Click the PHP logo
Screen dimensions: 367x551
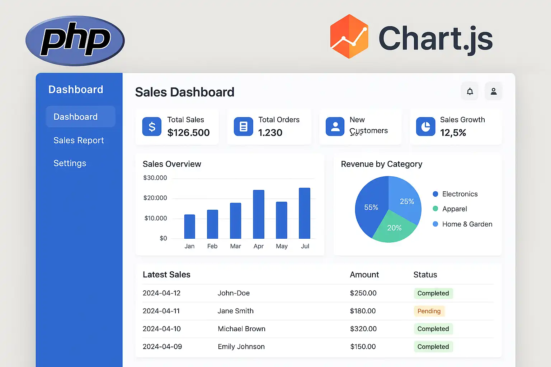pyautogui.click(x=75, y=41)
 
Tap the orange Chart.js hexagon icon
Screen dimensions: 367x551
pyautogui.click(x=349, y=37)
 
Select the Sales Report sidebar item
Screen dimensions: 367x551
pyautogui.click(x=79, y=140)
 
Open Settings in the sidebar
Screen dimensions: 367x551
pyautogui.click(x=70, y=163)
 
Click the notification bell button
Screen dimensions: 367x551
pyautogui.click(x=470, y=91)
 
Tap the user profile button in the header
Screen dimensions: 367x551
pyautogui.click(x=494, y=91)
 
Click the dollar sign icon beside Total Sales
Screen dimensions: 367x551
pyautogui.click(x=152, y=127)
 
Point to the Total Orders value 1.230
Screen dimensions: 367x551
pyautogui.click(x=270, y=133)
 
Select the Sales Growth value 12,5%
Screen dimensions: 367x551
pyautogui.click(x=453, y=133)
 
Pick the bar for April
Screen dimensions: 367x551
pyautogui.click(x=259, y=214)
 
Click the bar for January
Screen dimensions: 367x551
pyautogui.click(x=189, y=227)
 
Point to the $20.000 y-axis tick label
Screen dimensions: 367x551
pyautogui.click(x=155, y=198)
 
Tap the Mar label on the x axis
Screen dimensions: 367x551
pyautogui.click(x=235, y=246)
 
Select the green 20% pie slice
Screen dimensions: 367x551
pyautogui.click(x=394, y=228)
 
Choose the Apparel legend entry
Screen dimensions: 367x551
pyautogui.click(x=454, y=209)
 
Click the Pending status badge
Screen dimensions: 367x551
pyautogui.click(x=429, y=311)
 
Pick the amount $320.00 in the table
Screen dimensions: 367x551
pyautogui.click(x=363, y=329)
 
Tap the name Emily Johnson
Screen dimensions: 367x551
pyautogui.click(x=241, y=347)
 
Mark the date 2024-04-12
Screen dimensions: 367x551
pyautogui.click(x=161, y=293)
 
